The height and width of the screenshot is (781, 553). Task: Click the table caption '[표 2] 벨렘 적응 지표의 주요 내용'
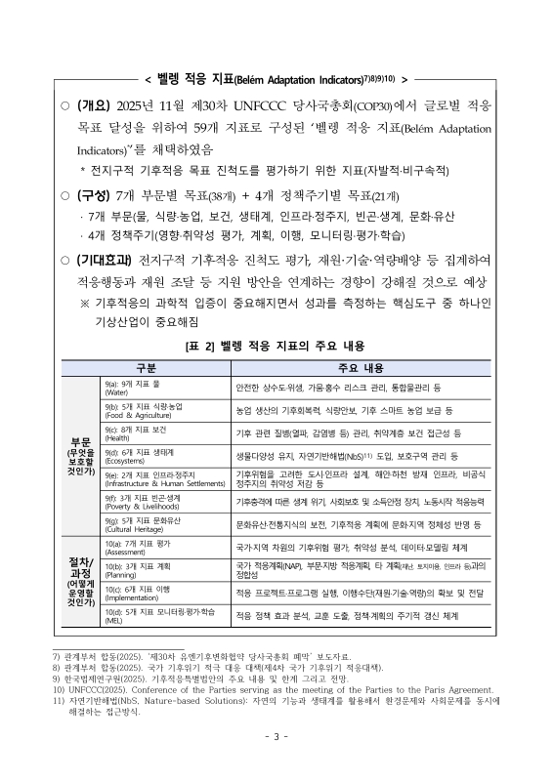pyautogui.click(x=276, y=346)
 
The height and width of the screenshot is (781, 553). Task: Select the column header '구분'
pyautogui.click(x=147, y=367)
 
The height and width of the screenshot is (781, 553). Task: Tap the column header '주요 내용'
pyautogui.click(x=363, y=367)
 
